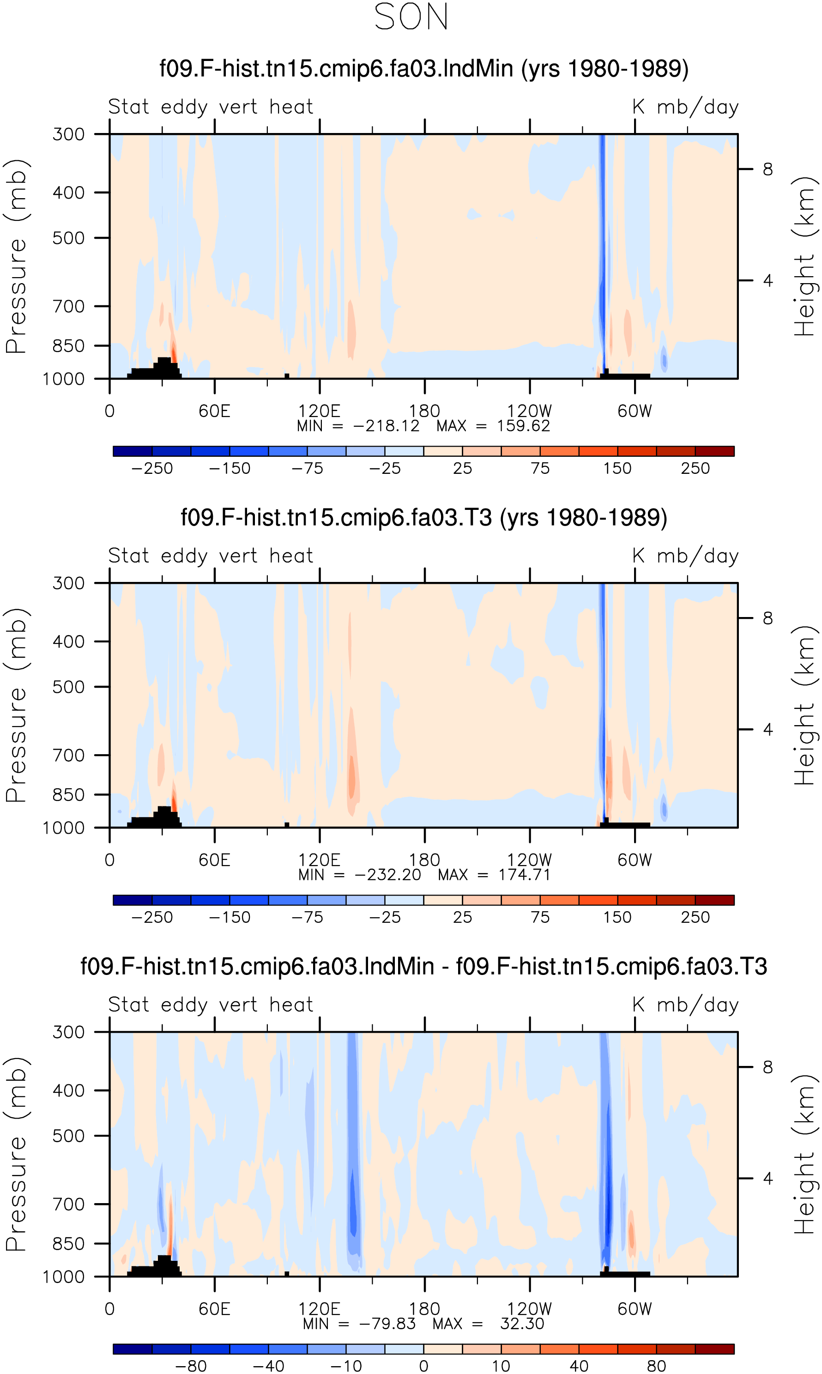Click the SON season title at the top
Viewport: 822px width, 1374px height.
point(411,17)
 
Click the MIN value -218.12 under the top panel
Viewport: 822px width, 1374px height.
point(387,426)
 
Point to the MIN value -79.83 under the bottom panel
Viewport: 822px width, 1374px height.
point(387,1324)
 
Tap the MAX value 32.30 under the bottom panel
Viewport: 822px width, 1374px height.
point(522,1324)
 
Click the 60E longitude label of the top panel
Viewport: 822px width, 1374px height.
point(214,412)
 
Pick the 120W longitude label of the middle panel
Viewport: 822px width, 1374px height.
point(530,860)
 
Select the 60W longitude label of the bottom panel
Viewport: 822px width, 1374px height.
point(635,1309)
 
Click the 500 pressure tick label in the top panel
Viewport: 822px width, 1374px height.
point(69,238)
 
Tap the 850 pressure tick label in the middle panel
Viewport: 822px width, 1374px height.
point(69,795)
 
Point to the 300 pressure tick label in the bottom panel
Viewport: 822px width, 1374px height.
point(69,1032)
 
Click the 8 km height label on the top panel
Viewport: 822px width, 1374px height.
point(768,169)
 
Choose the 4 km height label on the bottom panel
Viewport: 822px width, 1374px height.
point(768,1179)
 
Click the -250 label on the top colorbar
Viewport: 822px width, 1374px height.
point(152,468)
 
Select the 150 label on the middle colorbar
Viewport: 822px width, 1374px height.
point(617,917)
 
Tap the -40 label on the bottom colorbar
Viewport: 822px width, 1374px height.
point(269,1366)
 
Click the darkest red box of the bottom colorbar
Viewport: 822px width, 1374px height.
point(714,1349)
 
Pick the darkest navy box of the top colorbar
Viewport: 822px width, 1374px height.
point(133,451)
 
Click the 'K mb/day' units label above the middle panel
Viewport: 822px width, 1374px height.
point(686,556)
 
